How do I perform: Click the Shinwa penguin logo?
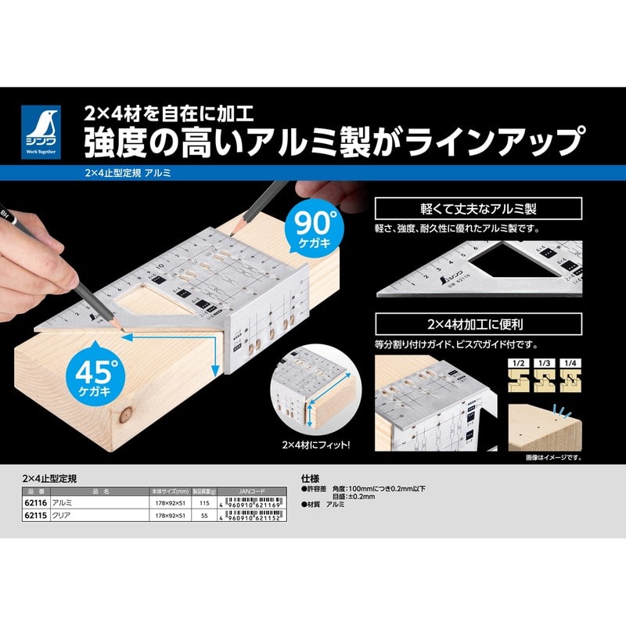41,131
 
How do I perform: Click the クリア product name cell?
62,517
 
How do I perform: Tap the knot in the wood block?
126,416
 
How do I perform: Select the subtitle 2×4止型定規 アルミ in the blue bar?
125,172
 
